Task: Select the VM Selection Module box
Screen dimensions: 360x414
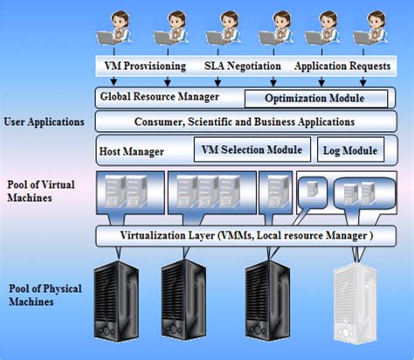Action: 252,149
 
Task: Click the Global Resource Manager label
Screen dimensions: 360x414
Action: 159,97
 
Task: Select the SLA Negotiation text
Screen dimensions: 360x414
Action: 242,66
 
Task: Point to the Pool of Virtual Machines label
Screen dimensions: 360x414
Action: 39,191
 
